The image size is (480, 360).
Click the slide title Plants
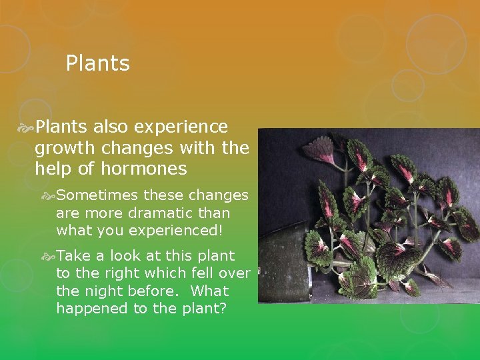coord(97,64)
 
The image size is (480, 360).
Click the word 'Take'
coord(72,256)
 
